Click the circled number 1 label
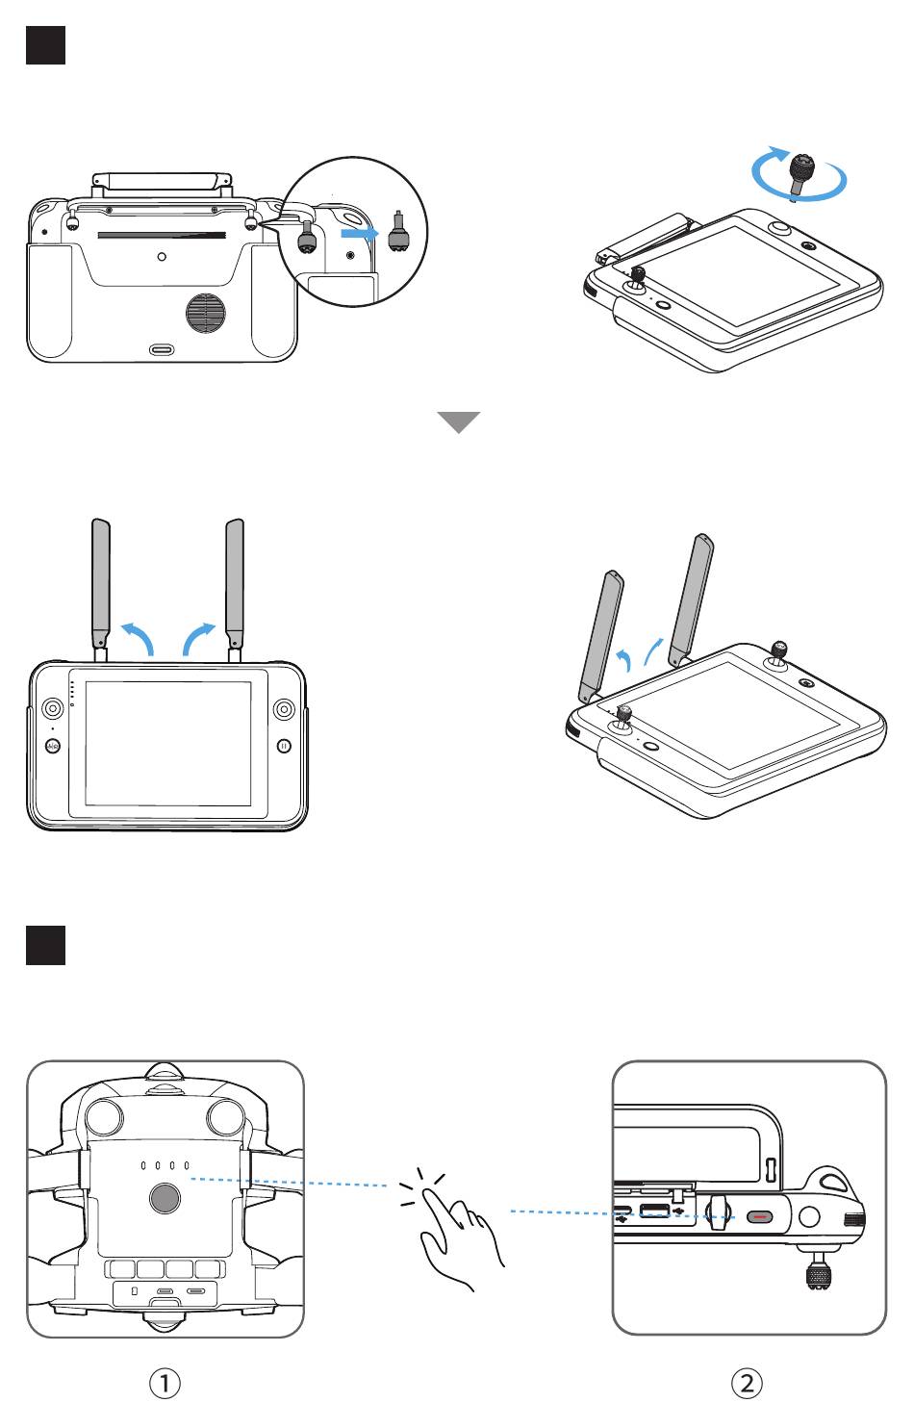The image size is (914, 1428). click(164, 1384)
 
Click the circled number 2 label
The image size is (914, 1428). click(747, 1384)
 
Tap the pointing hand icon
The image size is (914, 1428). click(452, 1230)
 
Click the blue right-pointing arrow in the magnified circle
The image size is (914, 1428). click(360, 233)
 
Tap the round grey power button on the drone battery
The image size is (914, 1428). click(165, 1199)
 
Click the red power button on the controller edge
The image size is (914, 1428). click(759, 1217)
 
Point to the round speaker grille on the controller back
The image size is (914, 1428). click(205, 313)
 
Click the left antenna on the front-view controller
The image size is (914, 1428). click(101, 590)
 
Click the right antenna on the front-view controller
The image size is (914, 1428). click(235, 590)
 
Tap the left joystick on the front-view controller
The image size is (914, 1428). click(52, 708)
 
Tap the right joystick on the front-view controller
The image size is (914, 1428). click(284, 708)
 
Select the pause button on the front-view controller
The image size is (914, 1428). click(284, 745)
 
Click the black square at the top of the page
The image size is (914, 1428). click(45, 44)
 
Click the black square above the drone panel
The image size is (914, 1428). click(45, 945)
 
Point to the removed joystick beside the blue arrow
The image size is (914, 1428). click(397, 232)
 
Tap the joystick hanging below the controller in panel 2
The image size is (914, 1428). click(817, 1270)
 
